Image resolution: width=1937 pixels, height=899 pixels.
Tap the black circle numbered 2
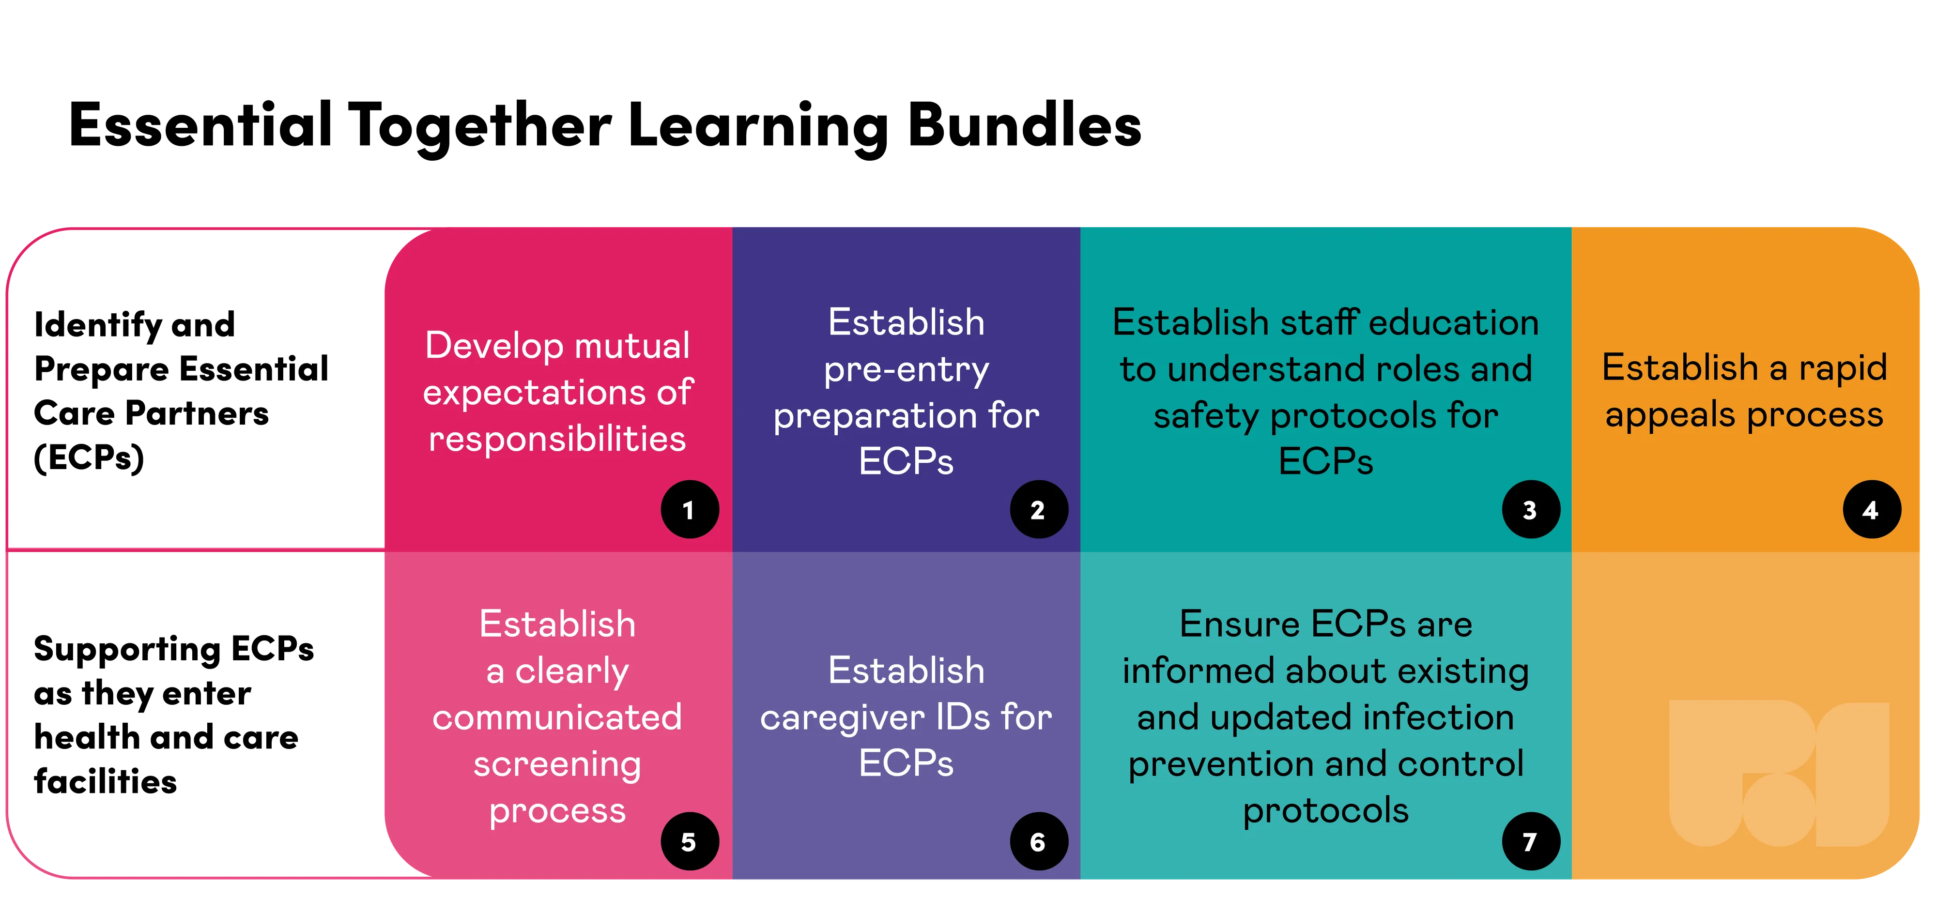1038,510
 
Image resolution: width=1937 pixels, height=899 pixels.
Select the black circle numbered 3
1530,510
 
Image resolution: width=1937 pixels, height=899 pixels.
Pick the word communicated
557,717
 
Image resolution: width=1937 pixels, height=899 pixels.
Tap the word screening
557,764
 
